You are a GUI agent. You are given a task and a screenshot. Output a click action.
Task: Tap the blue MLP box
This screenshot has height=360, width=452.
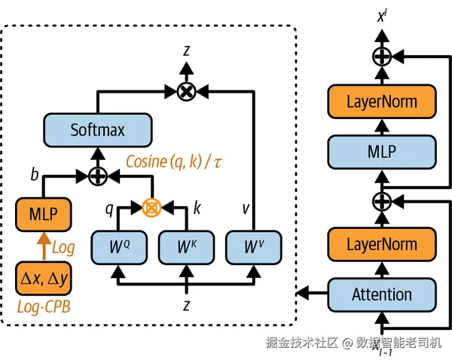(382, 150)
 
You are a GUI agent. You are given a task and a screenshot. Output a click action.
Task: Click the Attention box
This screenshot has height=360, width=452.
(382, 294)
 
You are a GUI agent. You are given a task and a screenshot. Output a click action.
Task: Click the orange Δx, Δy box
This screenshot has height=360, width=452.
(42, 280)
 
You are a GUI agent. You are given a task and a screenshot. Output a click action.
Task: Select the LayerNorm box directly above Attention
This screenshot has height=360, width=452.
(382, 244)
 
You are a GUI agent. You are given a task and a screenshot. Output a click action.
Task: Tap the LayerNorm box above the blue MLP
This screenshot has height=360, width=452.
(382, 101)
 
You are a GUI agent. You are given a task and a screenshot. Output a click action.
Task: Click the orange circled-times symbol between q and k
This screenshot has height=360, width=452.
(154, 205)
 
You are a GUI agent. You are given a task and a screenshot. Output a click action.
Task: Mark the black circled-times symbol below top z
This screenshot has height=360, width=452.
(186, 92)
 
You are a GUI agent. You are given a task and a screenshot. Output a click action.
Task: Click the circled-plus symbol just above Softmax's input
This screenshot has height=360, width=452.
(97, 175)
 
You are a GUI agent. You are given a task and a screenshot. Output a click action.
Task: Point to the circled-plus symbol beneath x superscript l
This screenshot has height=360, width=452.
(382, 56)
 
